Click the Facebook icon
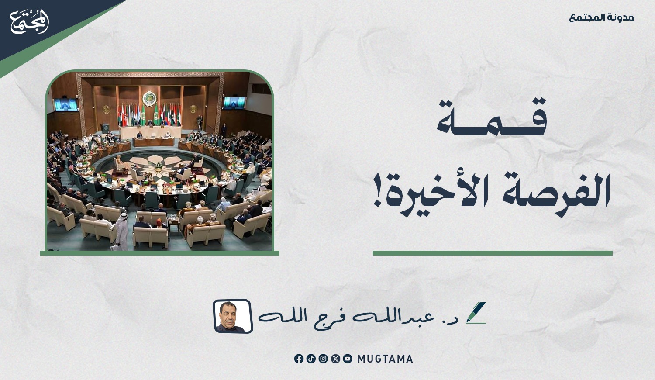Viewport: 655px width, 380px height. tap(299, 359)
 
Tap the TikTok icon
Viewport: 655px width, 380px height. tap(311, 359)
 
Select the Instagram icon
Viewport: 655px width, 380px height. tap(323, 359)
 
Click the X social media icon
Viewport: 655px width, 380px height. tap(335, 359)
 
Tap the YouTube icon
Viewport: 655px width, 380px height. tap(348, 359)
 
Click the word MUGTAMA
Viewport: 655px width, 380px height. tap(385, 359)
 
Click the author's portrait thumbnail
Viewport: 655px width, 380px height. tap(233, 316)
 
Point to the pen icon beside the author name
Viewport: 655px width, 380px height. tap(476, 313)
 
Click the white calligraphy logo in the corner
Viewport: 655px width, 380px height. tap(30, 21)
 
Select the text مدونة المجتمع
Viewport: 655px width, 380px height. tap(601, 18)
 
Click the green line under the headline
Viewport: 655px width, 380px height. tap(493, 253)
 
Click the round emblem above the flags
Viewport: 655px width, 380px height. tap(149, 99)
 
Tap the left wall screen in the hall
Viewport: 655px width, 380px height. tap(66, 104)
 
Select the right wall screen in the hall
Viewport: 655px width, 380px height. tap(234, 103)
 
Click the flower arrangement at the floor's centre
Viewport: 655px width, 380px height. tap(159, 166)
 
